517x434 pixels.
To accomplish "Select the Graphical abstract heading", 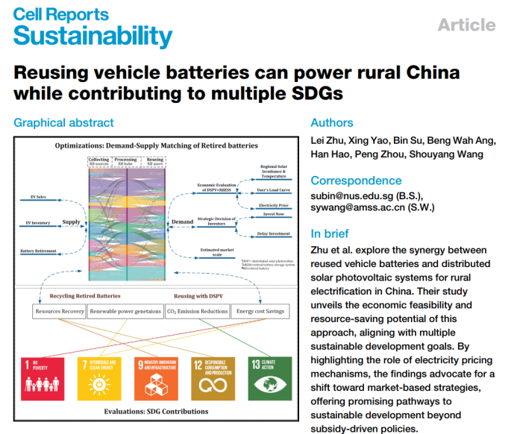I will (x=64, y=122).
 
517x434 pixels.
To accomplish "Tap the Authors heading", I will (x=332, y=122).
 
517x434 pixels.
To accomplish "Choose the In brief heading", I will (x=330, y=233).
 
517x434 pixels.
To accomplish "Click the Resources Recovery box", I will (x=59, y=311).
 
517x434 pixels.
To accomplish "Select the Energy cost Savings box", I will (x=260, y=311).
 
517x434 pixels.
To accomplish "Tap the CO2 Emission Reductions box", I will (x=197, y=311).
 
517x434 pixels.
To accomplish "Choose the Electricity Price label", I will (x=273, y=205).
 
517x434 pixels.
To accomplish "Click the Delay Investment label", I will (x=273, y=233).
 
